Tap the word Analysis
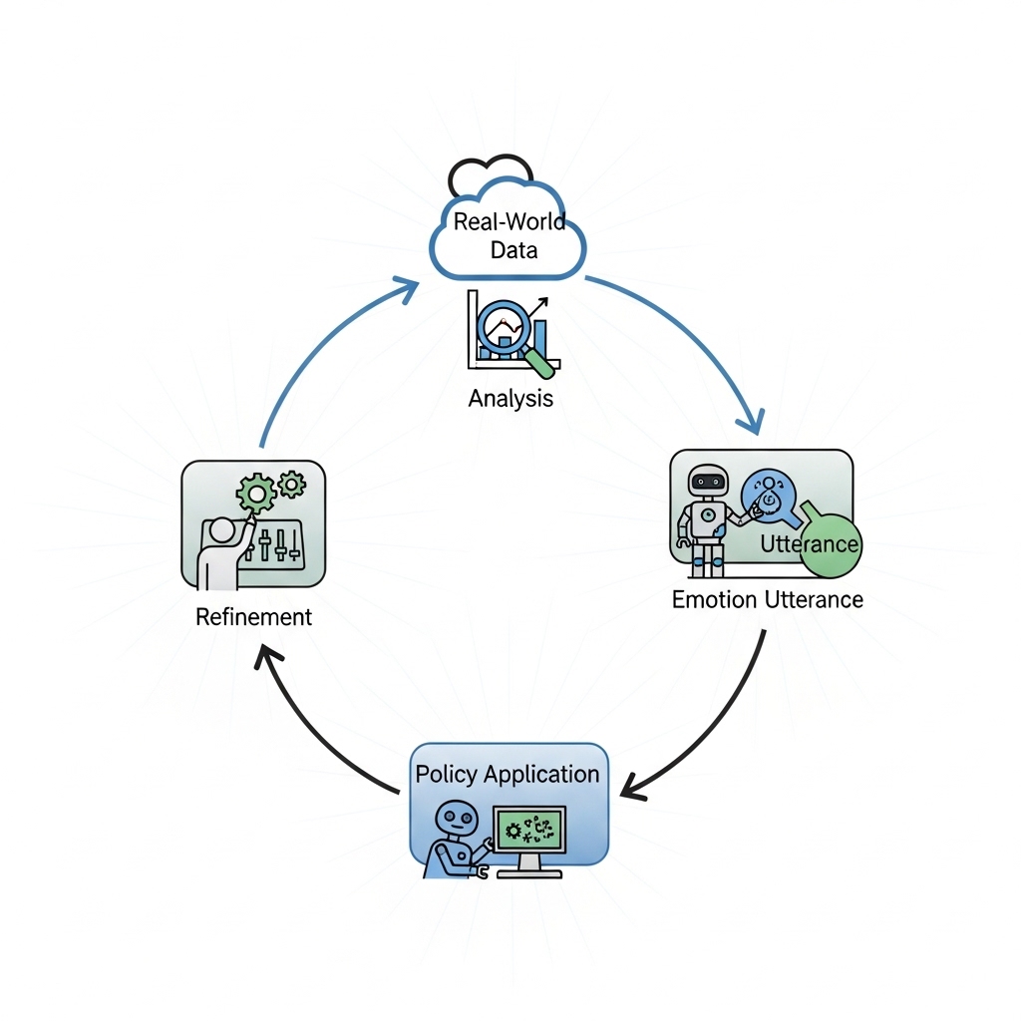[x=510, y=399]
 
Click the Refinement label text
[x=253, y=616]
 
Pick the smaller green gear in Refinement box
[x=292, y=484]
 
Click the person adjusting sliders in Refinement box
[x=221, y=548]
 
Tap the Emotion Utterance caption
[x=767, y=599]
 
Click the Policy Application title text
[x=508, y=775]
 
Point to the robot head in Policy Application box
[x=455, y=821]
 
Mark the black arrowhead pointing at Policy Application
[x=629, y=788]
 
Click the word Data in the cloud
[x=514, y=249]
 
